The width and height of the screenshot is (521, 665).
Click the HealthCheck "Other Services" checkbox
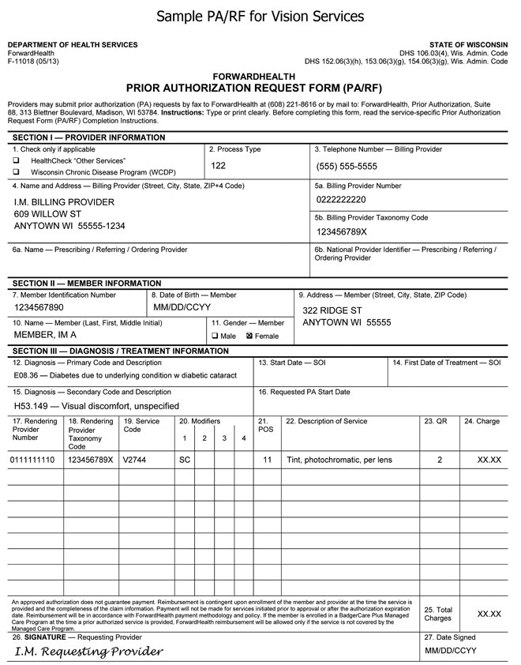coord(16,160)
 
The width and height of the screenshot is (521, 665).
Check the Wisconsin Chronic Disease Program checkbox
coord(16,171)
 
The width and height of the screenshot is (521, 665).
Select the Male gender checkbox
coord(215,336)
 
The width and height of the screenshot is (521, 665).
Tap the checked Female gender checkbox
coord(249,336)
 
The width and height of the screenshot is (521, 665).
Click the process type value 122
coord(219,166)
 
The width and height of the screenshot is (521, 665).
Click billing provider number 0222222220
coord(340,200)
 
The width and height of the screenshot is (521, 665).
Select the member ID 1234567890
coord(39,307)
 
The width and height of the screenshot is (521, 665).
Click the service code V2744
coord(134,459)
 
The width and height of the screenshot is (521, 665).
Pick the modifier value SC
coord(185,459)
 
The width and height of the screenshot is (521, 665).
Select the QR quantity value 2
coord(440,459)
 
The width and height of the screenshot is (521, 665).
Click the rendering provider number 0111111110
coord(32,459)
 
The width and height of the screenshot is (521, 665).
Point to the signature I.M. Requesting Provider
coord(88,652)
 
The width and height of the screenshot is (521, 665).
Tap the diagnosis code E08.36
coord(28,375)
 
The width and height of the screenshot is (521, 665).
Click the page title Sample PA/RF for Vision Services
coord(260,16)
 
